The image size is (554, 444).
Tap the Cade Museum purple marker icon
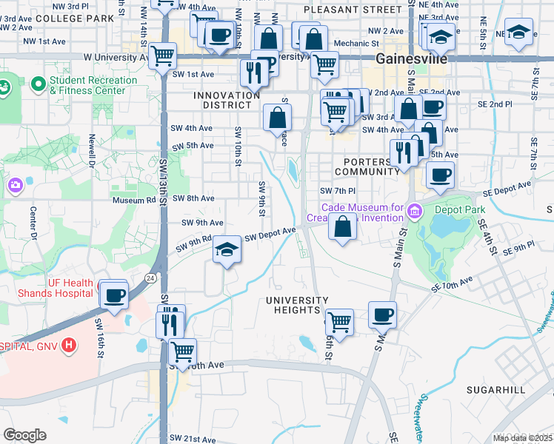click(413, 212)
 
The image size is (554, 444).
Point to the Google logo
click(24, 435)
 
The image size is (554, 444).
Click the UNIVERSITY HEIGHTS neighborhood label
click(297, 305)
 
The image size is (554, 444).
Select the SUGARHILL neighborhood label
click(495, 389)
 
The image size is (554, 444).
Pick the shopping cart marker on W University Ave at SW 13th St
click(162, 54)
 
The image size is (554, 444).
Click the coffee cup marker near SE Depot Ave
click(440, 175)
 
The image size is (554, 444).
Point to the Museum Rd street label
click(134, 199)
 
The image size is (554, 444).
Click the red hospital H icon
click(69, 344)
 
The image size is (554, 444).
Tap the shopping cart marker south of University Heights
click(338, 322)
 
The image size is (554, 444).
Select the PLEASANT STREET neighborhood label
click(353, 10)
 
